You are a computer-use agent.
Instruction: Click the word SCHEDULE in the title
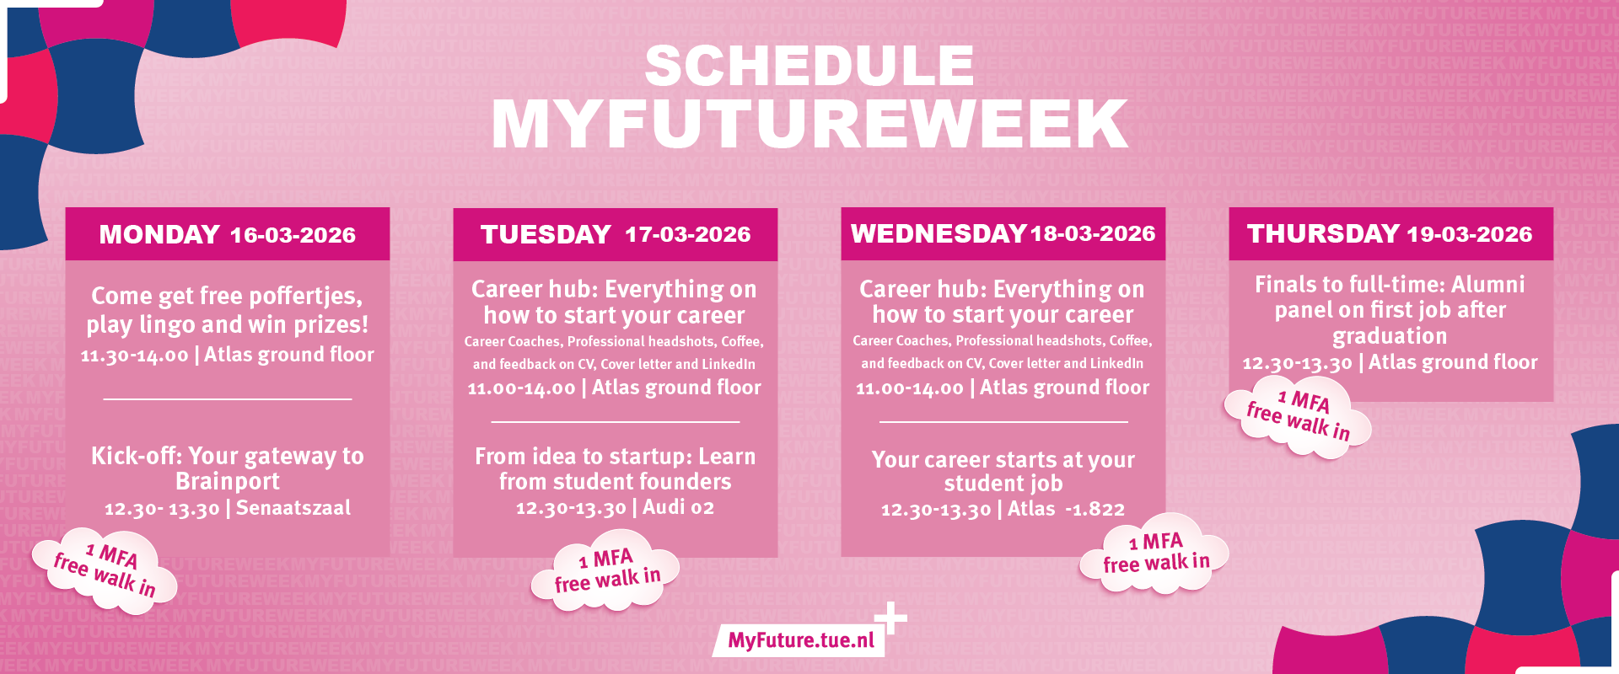[x=809, y=66]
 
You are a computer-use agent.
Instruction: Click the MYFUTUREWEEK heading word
[x=809, y=124]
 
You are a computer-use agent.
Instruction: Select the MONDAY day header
[x=159, y=234]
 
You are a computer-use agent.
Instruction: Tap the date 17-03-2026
[x=688, y=234]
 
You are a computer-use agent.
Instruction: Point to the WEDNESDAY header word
[x=939, y=233]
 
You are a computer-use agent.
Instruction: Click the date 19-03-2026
[x=1470, y=234]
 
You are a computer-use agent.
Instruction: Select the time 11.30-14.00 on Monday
[x=135, y=356]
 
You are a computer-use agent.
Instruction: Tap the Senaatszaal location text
[x=293, y=508]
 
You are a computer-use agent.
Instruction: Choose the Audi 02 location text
[x=679, y=507]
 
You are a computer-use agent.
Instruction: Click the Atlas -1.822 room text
[x=1066, y=509]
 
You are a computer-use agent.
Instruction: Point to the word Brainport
[x=228, y=481]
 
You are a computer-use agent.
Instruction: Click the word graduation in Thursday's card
[x=1390, y=336]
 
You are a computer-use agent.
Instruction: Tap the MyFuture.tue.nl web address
[x=801, y=640]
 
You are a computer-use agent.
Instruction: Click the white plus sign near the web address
[x=890, y=618]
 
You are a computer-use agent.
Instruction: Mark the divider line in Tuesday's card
[x=615, y=421]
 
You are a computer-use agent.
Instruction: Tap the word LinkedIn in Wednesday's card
[x=1115, y=363]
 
